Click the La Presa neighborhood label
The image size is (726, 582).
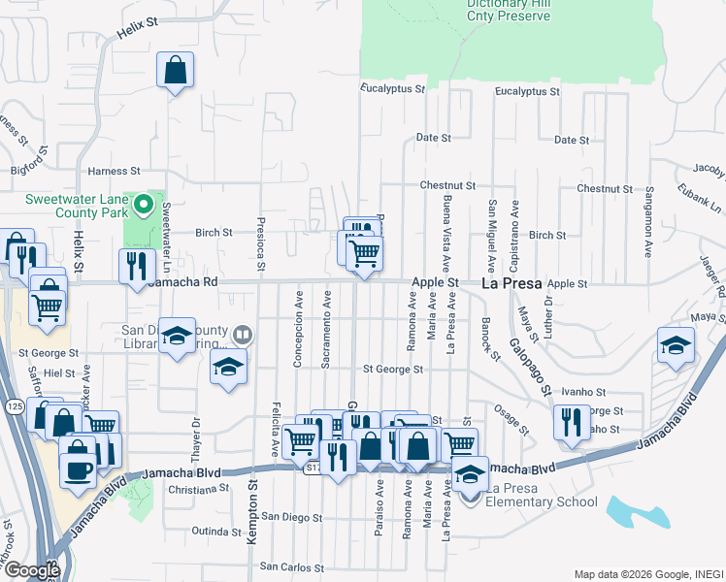pyautogui.click(x=511, y=283)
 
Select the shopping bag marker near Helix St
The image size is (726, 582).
pyautogui.click(x=175, y=71)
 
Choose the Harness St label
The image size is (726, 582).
pyautogui.click(x=108, y=172)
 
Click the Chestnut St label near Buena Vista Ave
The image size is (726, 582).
pyautogui.click(x=447, y=185)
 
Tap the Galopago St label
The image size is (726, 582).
pyautogui.click(x=533, y=371)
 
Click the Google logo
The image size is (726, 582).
pyautogui.click(x=32, y=569)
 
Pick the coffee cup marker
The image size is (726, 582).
pyautogui.click(x=79, y=469)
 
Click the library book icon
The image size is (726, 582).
pyautogui.click(x=243, y=337)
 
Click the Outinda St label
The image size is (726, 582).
pyautogui.click(x=215, y=532)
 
